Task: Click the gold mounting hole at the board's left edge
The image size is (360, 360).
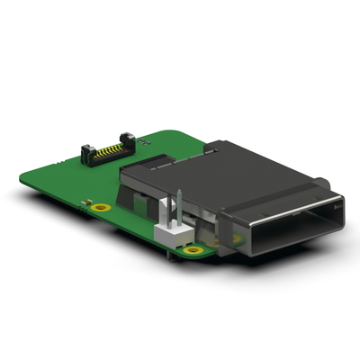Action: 102,207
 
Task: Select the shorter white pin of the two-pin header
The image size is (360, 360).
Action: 166,213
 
